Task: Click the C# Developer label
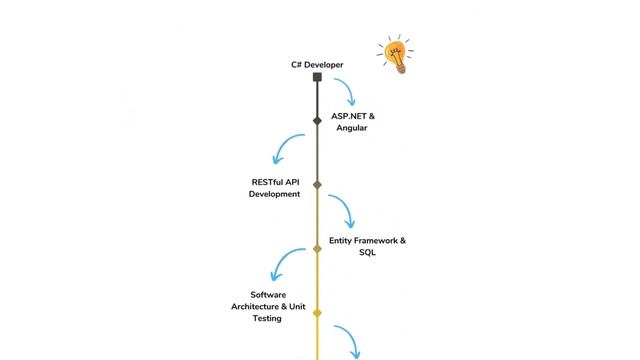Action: pos(317,65)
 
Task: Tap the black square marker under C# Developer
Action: pos(317,77)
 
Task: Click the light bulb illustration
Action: pos(395,54)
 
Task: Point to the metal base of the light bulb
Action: pos(401,68)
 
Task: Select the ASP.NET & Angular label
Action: pos(353,122)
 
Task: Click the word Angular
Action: pos(352,128)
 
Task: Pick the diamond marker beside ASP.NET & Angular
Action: pos(317,120)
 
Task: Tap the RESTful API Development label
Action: pos(275,188)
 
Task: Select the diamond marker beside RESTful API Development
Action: pos(317,185)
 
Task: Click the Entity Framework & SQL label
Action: pos(367,247)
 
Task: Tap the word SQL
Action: pos(367,253)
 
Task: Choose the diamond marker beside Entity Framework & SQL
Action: pos(317,249)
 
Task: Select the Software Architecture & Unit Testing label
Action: pos(268,307)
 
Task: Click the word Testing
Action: pos(267,318)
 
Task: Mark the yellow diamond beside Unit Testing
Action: pos(317,313)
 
